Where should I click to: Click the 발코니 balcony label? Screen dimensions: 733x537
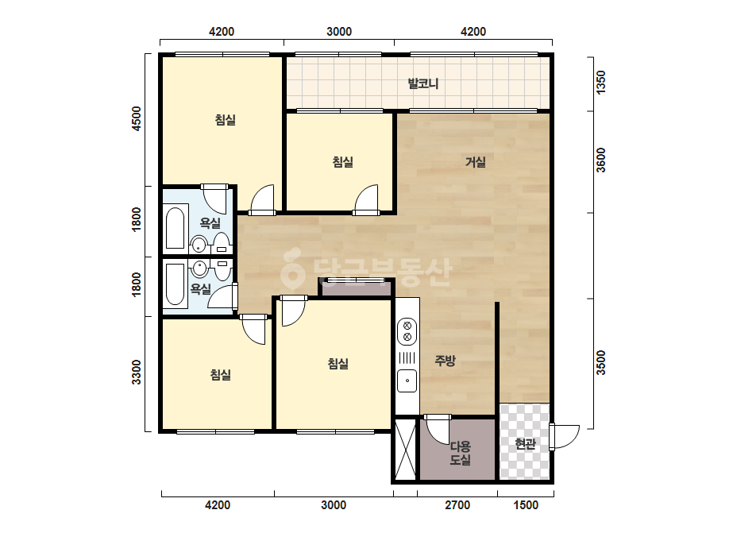(423, 84)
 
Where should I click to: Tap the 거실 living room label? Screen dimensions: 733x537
(476, 162)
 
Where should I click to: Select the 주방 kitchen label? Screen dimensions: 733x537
(445, 361)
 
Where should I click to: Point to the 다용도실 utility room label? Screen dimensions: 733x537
(460, 453)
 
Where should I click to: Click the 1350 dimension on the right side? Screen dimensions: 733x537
(601, 82)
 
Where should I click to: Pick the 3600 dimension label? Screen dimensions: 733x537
(601, 160)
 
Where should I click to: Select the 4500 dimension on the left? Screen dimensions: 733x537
(136, 119)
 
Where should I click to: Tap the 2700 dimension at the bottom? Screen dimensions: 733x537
(457, 505)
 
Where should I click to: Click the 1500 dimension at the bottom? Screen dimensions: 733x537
(526, 505)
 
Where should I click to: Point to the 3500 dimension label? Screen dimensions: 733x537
(601, 362)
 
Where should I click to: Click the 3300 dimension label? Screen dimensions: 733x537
(136, 372)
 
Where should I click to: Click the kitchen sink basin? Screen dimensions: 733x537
(407, 381)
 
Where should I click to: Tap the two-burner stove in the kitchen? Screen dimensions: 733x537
(407, 331)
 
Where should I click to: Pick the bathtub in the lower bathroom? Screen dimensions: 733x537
(176, 285)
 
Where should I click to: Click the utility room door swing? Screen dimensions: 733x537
(437, 429)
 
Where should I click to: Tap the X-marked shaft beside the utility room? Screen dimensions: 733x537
(405, 449)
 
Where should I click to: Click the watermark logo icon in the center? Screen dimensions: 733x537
(293, 268)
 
